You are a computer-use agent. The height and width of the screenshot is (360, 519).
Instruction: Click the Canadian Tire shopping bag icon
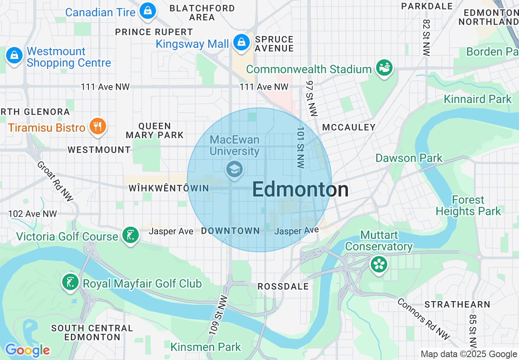click(x=147, y=11)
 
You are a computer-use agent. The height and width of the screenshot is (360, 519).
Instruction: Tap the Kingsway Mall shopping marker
click(x=241, y=42)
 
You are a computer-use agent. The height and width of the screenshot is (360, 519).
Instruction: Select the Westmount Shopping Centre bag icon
click(x=14, y=55)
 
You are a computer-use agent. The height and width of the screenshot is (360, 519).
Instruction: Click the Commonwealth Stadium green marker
click(x=384, y=67)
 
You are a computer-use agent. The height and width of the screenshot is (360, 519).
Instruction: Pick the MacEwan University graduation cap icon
click(x=235, y=169)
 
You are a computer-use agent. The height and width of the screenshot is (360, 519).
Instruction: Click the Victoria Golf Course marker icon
click(x=130, y=235)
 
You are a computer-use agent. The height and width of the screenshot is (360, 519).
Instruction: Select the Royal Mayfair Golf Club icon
click(x=70, y=282)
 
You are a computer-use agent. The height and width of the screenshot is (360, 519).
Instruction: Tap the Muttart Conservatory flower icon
click(x=379, y=264)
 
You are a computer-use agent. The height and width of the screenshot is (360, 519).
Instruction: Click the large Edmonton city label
click(x=300, y=190)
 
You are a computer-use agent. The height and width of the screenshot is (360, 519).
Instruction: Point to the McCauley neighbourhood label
click(x=349, y=127)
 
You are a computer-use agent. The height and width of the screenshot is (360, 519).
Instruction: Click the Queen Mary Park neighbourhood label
click(x=155, y=130)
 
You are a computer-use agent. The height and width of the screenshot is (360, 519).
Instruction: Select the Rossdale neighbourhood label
click(x=283, y=286)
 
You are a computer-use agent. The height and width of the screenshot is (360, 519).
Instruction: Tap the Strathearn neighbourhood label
click(x=457, y=304)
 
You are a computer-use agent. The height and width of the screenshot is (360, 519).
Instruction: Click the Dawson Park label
click(x=409, y=158)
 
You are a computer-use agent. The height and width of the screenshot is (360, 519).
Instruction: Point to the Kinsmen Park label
click(x=205, y=347)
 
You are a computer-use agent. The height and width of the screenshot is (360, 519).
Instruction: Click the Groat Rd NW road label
click(x=55, y=181)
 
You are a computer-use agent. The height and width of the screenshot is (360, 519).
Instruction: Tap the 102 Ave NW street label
click(x=32, y=214)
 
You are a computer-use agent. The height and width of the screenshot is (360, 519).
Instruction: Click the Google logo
click(x=27, y=350)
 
